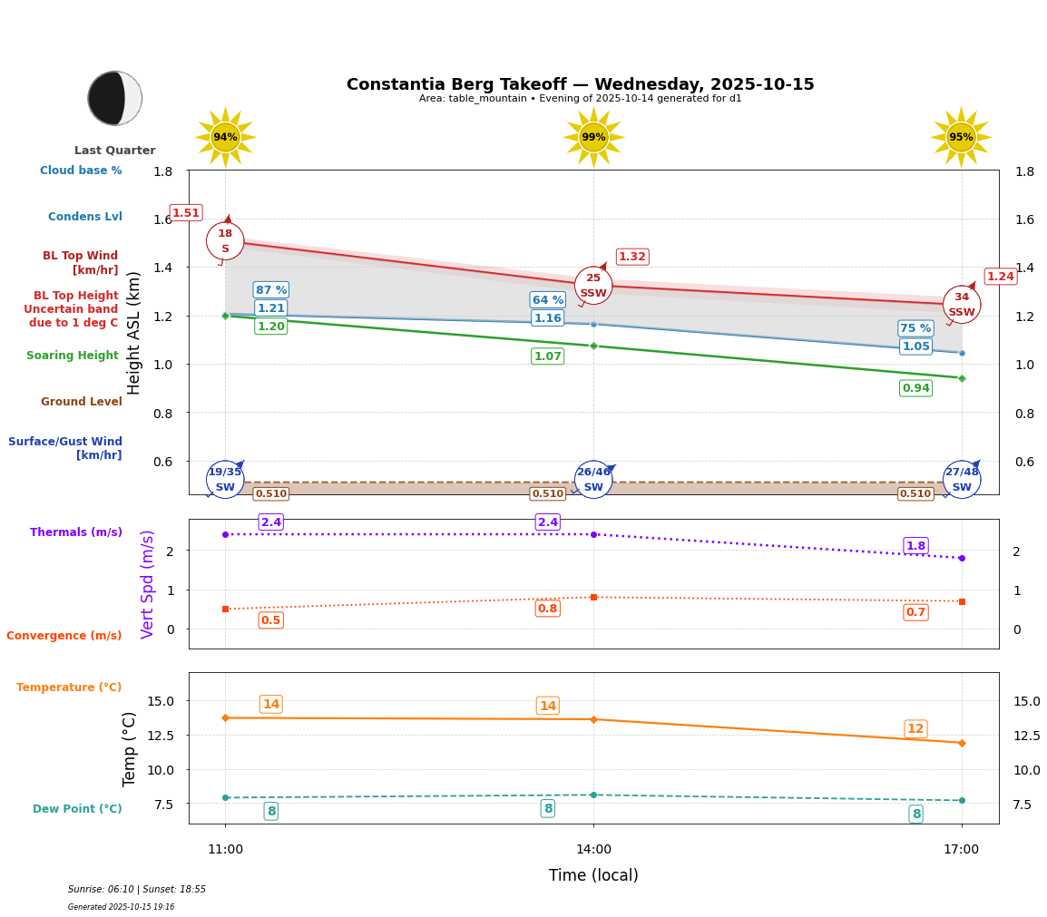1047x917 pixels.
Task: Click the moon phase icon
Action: point(115,98)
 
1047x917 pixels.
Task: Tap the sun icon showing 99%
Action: point(593,137)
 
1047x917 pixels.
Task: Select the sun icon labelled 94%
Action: point(225,137)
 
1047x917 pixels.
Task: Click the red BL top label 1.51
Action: point(186,213)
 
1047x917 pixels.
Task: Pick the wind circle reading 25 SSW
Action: point(593,286)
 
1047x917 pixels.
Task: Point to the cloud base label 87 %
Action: point(270,290)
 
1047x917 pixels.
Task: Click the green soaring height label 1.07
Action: point(547,356)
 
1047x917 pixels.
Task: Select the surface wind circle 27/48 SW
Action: point(962,480)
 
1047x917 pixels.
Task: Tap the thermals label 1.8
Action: point(915,546)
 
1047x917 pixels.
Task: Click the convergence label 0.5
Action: point(270,620)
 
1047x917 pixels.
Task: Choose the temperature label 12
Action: point(915,729)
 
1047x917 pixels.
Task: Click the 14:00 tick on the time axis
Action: point(593,849)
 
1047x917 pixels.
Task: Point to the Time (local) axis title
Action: point(593,875)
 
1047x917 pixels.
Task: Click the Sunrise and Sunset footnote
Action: point(137,890)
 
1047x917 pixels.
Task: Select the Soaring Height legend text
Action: point(73,356)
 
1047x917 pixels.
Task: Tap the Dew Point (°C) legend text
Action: point(77,809)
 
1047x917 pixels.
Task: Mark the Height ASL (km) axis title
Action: point(134,332)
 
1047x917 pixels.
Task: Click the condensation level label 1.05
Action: point(915,346)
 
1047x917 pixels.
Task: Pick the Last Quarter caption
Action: point(115,151)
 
